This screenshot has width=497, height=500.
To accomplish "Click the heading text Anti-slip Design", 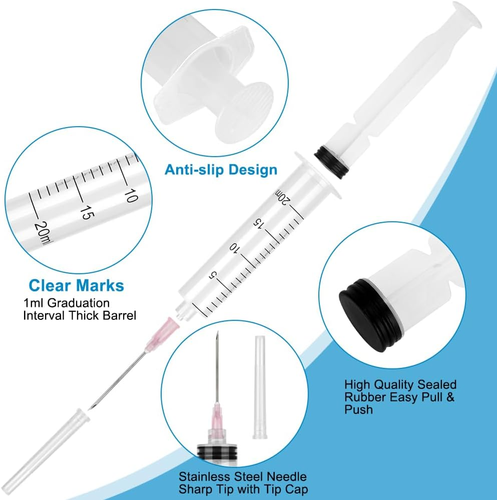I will tap(221, 170).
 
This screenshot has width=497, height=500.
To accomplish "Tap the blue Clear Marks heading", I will tap(76, 286).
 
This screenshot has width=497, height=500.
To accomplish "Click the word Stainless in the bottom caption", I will tap(203, 476).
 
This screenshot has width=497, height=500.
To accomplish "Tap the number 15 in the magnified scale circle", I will tap(86, 212).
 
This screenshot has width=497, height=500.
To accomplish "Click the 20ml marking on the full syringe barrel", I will tap(282, 197).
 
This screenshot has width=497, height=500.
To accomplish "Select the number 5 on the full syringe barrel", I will tap(213, 274).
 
